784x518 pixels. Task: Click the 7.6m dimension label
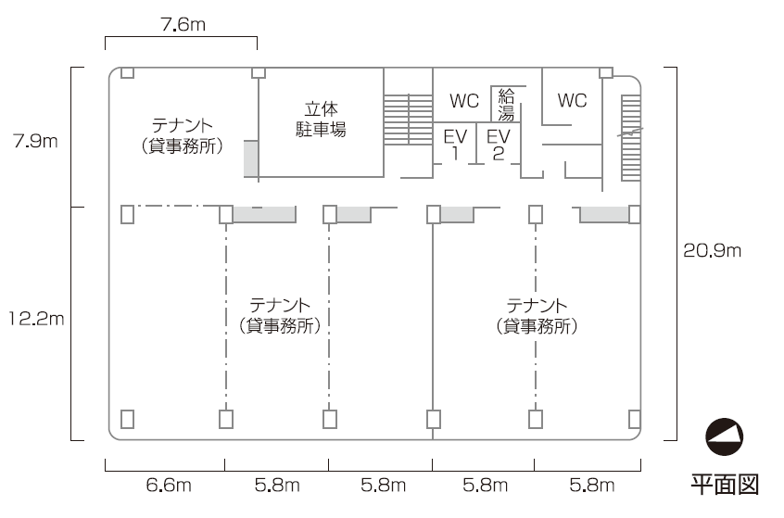coord(183,25)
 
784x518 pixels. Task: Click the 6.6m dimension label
coord(169,485)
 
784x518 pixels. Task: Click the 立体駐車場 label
coord(325,119)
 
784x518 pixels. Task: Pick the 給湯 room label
coord(506,104)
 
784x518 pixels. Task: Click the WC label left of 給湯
coord(464,100)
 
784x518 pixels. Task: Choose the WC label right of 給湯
coord(572,100)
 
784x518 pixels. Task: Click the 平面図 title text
coord(726,484)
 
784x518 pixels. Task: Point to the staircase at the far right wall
coord(630,138)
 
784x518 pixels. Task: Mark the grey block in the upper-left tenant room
coord(250,158)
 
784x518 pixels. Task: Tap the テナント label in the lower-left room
coord(280,315)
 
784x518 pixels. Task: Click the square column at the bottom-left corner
coord(128,418)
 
